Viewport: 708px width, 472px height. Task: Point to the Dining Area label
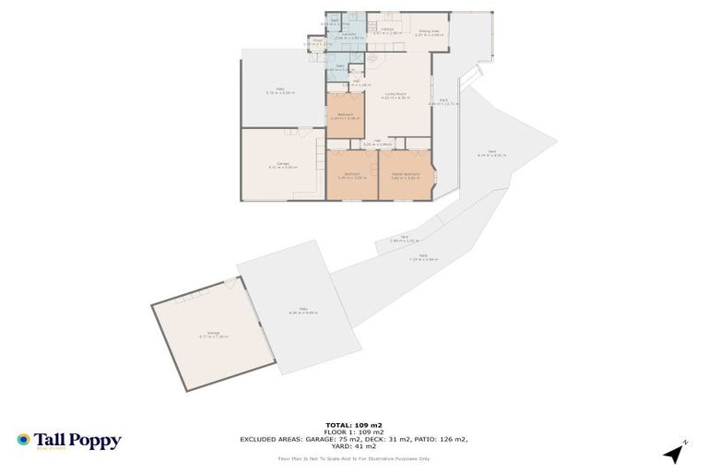coord(430,30)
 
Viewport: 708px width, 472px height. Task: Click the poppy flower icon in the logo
coord(24,440)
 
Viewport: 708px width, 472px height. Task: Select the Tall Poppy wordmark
coord(77,441)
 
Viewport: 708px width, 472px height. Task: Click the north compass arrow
coord(677,452)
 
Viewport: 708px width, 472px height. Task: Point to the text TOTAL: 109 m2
coord(354,424)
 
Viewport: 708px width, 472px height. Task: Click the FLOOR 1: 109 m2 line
coord(354,431)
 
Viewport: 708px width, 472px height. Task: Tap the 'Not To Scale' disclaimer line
coord(354,458)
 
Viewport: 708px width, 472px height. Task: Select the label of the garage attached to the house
coord(282,165)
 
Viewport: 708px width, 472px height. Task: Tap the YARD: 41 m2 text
coord(354,446)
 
